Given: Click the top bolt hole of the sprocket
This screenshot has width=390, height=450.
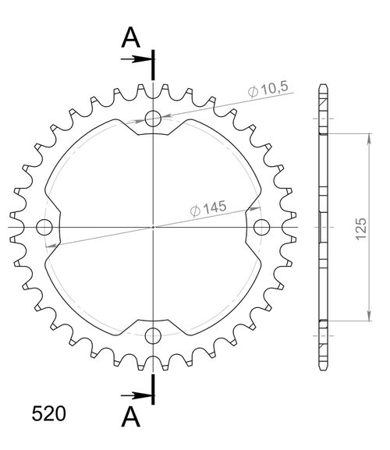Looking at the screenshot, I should click(153, 119).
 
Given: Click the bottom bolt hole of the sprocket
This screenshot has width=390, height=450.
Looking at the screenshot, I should click(153, 335).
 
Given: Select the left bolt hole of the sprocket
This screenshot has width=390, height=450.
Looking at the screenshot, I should click(44, 227).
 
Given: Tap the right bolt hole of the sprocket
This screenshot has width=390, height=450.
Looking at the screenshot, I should click(261, 227).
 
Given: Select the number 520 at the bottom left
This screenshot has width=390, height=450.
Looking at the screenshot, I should click(49, 413).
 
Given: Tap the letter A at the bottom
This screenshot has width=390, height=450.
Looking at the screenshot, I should click(131, 418).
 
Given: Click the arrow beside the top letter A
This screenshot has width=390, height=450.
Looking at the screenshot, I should click(140, 58).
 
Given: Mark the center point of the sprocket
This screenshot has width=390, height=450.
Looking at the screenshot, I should click(153, 227).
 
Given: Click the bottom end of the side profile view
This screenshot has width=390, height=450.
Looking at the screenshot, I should click(323, 368).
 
